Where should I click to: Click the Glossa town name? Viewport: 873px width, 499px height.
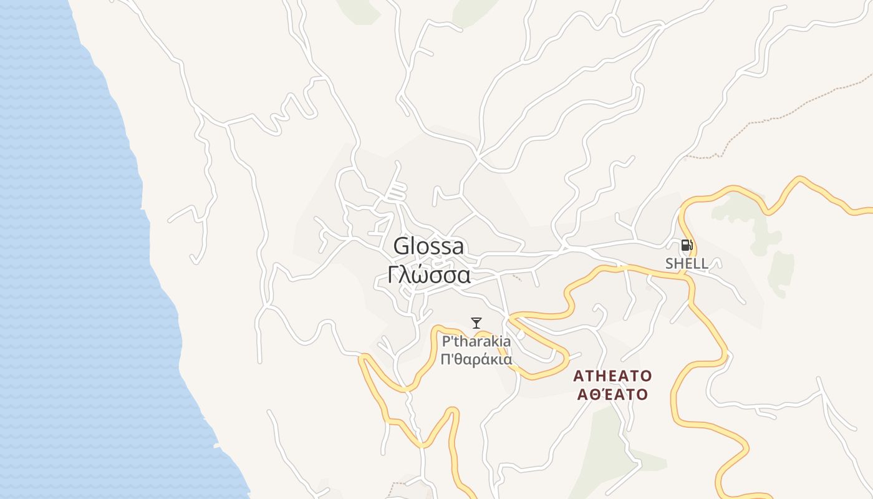point(428,246)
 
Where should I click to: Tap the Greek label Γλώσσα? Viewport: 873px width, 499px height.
point(428,275)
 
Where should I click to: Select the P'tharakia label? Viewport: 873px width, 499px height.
point(476,341)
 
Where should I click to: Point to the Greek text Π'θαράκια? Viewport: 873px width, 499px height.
point(476,359)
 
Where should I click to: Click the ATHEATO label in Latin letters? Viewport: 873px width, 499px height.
point(612,375)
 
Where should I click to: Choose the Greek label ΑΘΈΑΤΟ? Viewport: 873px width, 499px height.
point(612,394)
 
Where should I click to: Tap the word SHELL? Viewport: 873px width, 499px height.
point(687,263)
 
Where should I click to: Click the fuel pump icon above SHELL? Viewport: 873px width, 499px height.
point(687,245)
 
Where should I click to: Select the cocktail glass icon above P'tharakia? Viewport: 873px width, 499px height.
point(476,322)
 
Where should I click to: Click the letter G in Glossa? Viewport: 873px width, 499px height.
point(401,246)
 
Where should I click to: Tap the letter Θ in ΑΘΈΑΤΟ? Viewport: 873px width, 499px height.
point(593,394)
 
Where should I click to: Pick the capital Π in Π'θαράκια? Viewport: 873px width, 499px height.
point(446,359)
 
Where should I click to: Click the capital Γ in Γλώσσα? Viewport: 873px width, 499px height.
point(393,275)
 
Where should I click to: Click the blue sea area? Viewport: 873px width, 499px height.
point(62,249)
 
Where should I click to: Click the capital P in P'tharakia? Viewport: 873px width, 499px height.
point(446,341)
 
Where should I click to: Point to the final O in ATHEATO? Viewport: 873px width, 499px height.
point(646,375)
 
